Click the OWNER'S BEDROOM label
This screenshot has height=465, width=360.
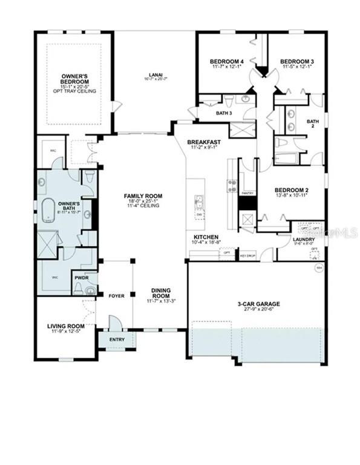pyautogui.click(x=75, y=79)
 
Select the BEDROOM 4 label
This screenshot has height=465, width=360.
pyautogui.click(x=227, y=61)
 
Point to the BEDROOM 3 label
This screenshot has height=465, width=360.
pyautogui.click(x=296, y=61)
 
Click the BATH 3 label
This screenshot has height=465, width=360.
pyautogui.click(x=208, y=113)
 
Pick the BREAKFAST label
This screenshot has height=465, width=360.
pyautogui.click(x=203, y=142)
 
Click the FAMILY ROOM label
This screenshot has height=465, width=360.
pyautogui.click(x=143, y=196)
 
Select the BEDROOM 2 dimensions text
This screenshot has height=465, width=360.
pyautogui.click(x=292, y=195)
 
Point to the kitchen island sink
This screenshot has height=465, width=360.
pyautogui.click(x=198, y=200)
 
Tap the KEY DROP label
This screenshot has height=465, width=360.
pyautogui.click(x=248, y=256)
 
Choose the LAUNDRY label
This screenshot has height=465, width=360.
pyautogui.click(x=303, y=239)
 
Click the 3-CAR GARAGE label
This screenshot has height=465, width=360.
pyautogui.click(x=258, y=303)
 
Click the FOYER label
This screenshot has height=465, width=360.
pyautogui.click(x=116, y=296)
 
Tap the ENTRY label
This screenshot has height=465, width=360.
pyautogui.click(x=117, y=340)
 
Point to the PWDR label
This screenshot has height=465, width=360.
pyautogui.click(x=82, y=279)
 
